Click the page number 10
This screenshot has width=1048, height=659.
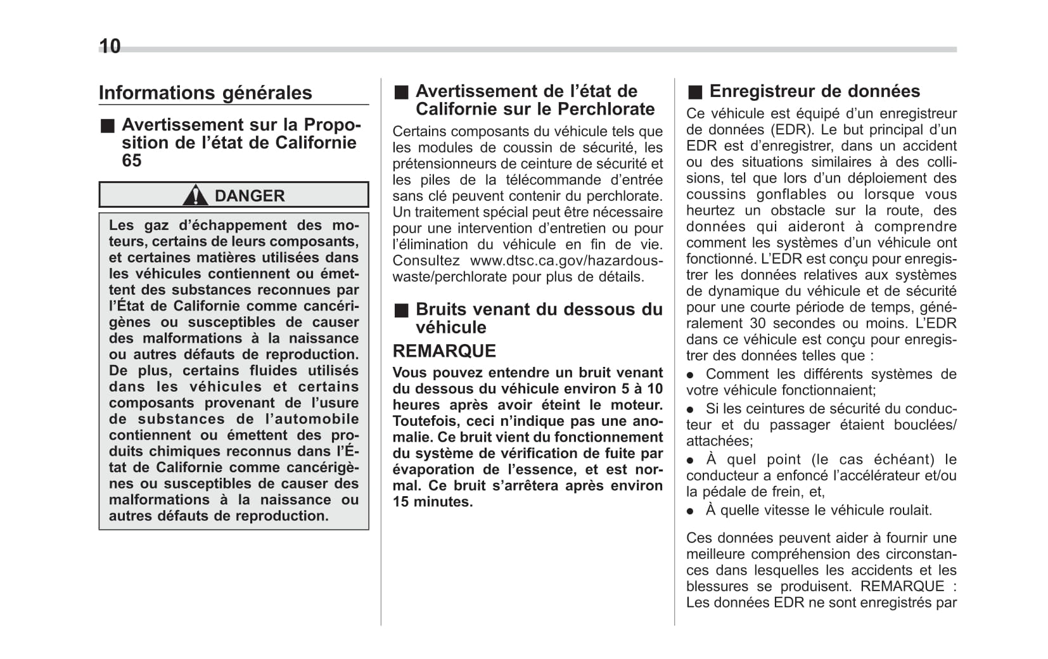pyautogui.click(x=110, y=46)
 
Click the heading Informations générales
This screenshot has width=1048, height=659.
pyautogui.click(x=205, y=93)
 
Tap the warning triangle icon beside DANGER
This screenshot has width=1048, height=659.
pyautogui.click(x=195, y=195)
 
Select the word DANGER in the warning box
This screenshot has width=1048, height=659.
pyautogui.click(x=250, y=196)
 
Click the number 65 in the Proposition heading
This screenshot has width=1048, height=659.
pyautogui.click(x=132, y=160)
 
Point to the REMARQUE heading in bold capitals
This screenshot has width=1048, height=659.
pyautogui.click(x=444, y=351)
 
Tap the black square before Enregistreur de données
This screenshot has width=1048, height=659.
pyautogui.click(x=695, y=93)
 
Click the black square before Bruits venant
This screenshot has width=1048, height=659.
pyautogui.click(x=401, y=310)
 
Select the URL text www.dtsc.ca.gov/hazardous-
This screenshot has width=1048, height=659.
pyautogui.click(x=566, y=260)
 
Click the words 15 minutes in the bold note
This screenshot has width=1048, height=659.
pyautogui.click(x=433, y=502)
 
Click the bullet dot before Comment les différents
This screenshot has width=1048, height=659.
pyautogui.click(x=691, y=374)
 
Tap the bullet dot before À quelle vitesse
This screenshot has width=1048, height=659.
pyautogui.click(x=691, y=511)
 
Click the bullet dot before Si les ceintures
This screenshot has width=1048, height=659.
pyautogui.click(x=691, y=409)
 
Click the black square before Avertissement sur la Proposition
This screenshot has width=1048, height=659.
pyautogui.click(x=108, y=125)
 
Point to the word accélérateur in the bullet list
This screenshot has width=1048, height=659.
pyautogui.click(x=874, y=475)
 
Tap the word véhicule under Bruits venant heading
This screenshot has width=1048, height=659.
pyautogui.click(x=451, y=327)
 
